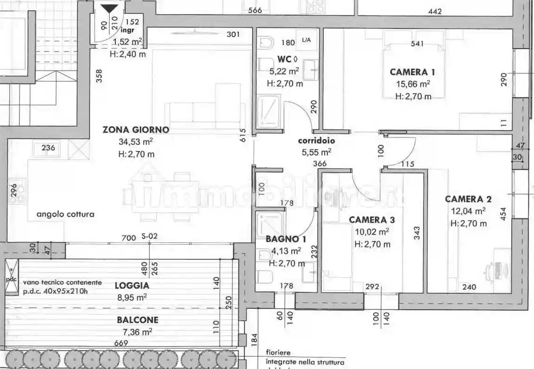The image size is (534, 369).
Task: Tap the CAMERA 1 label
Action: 412,72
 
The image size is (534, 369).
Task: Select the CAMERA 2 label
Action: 468,199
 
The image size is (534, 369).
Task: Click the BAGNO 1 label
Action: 286,240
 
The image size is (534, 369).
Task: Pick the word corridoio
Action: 316,141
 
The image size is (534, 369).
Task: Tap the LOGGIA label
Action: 132,286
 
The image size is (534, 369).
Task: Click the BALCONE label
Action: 137,320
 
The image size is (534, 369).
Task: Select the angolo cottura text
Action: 65,214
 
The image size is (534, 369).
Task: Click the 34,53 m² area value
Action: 136,142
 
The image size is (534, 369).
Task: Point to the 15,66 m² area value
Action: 412,84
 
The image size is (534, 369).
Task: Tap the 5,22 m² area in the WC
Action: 284,71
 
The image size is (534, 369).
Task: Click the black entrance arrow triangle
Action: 110,9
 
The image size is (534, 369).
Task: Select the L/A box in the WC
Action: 306,40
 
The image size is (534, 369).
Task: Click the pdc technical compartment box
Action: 11,278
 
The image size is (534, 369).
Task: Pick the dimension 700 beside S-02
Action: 129,238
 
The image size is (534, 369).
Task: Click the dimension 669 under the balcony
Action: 121,343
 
